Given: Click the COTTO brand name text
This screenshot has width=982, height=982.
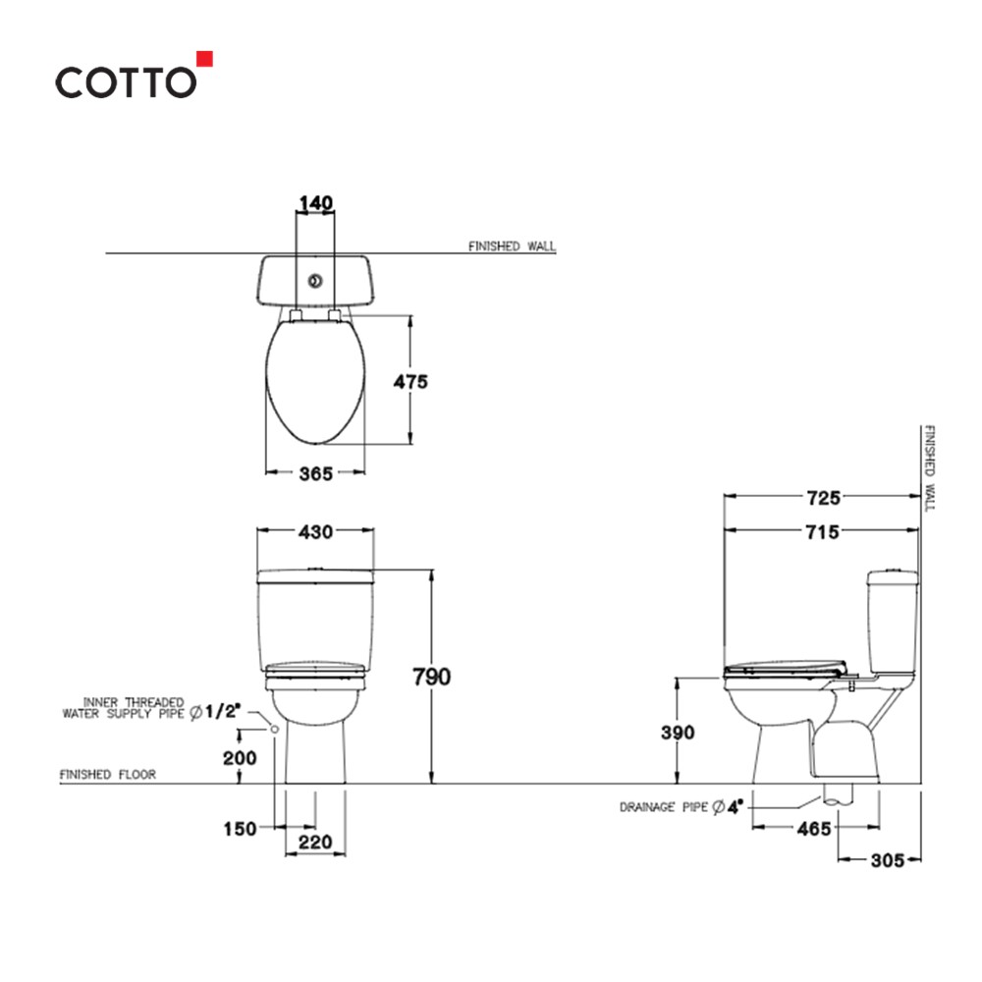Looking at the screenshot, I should tap(125, 82).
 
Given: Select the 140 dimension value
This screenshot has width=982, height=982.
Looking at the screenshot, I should tap(315, 203).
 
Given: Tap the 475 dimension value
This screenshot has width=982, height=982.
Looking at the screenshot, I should tap(410, 382).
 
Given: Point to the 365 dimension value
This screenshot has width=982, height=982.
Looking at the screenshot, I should tap(315, 473).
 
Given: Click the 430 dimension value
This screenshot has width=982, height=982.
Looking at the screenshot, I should tap(315, 531).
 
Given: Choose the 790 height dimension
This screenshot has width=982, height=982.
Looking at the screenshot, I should tap(431, 678).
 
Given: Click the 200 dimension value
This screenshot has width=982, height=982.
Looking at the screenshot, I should tap(240, 757).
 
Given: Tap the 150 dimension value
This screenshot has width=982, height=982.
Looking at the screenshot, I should tap(239, 829).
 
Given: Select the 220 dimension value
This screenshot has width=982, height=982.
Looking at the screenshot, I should tap(315, 842).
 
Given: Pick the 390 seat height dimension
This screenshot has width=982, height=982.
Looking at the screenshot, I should tap(677, 733).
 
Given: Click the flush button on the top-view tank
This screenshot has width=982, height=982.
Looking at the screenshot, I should tap(315, 281).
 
